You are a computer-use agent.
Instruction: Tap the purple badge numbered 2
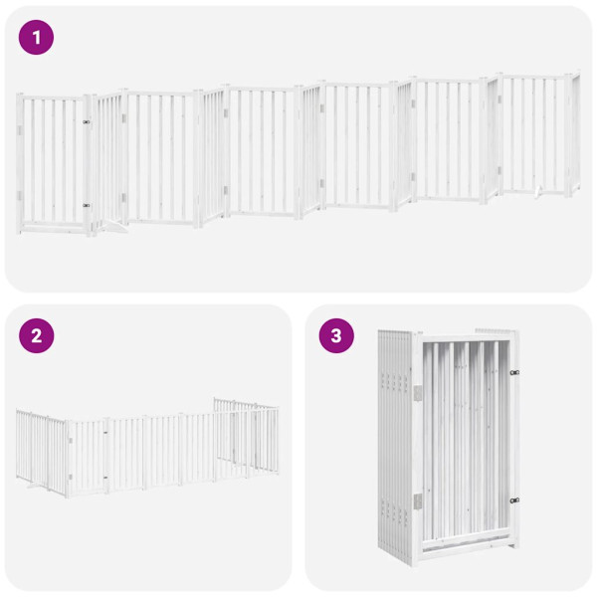(36, 335)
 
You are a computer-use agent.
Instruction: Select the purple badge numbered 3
(336, 335)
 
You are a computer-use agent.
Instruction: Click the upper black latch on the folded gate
(514, 372)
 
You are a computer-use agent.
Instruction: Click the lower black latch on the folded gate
(514, 500)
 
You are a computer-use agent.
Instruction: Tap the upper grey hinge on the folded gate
(418, 392)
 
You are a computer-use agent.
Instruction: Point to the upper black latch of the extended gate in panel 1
(86, 123)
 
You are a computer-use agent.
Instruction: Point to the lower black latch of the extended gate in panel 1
(86, 205)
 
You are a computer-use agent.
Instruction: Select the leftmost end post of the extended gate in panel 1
(20, 163)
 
